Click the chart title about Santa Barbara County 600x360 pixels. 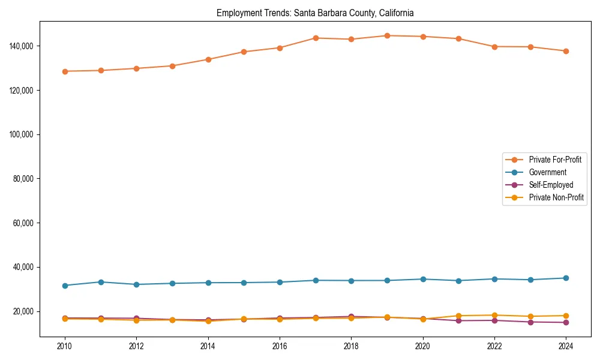pos(315,13)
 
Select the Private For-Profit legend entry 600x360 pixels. pos(554,160)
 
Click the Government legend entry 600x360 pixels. pos(547,172)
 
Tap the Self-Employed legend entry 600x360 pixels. pos(551,185)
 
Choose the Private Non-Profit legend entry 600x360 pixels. pos(556,197)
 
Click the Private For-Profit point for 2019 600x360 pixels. pos(387,35)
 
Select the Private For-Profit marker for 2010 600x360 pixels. pos(65,71)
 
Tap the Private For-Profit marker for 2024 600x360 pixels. pos(566,51)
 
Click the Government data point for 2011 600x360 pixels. pos(101,282)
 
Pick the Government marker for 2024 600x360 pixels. pos(566,278)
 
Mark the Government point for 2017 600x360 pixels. pos(316,280)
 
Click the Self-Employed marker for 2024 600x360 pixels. pos(566,323)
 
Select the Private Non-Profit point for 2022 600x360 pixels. pos(494,315)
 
